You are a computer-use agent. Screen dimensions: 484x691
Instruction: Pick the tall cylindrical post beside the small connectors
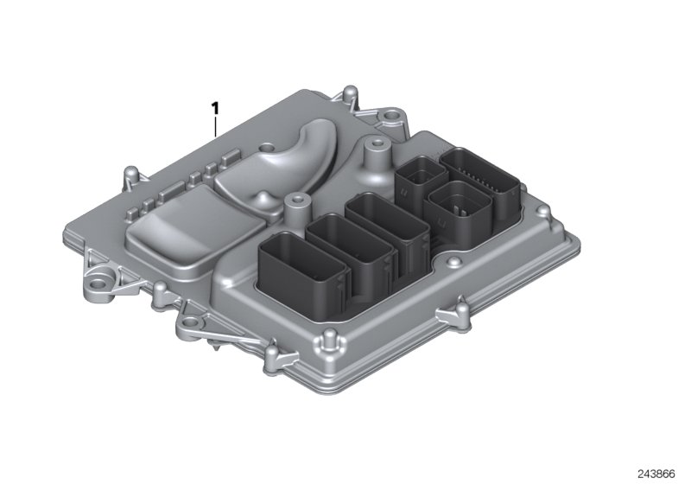click(374, 161)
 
